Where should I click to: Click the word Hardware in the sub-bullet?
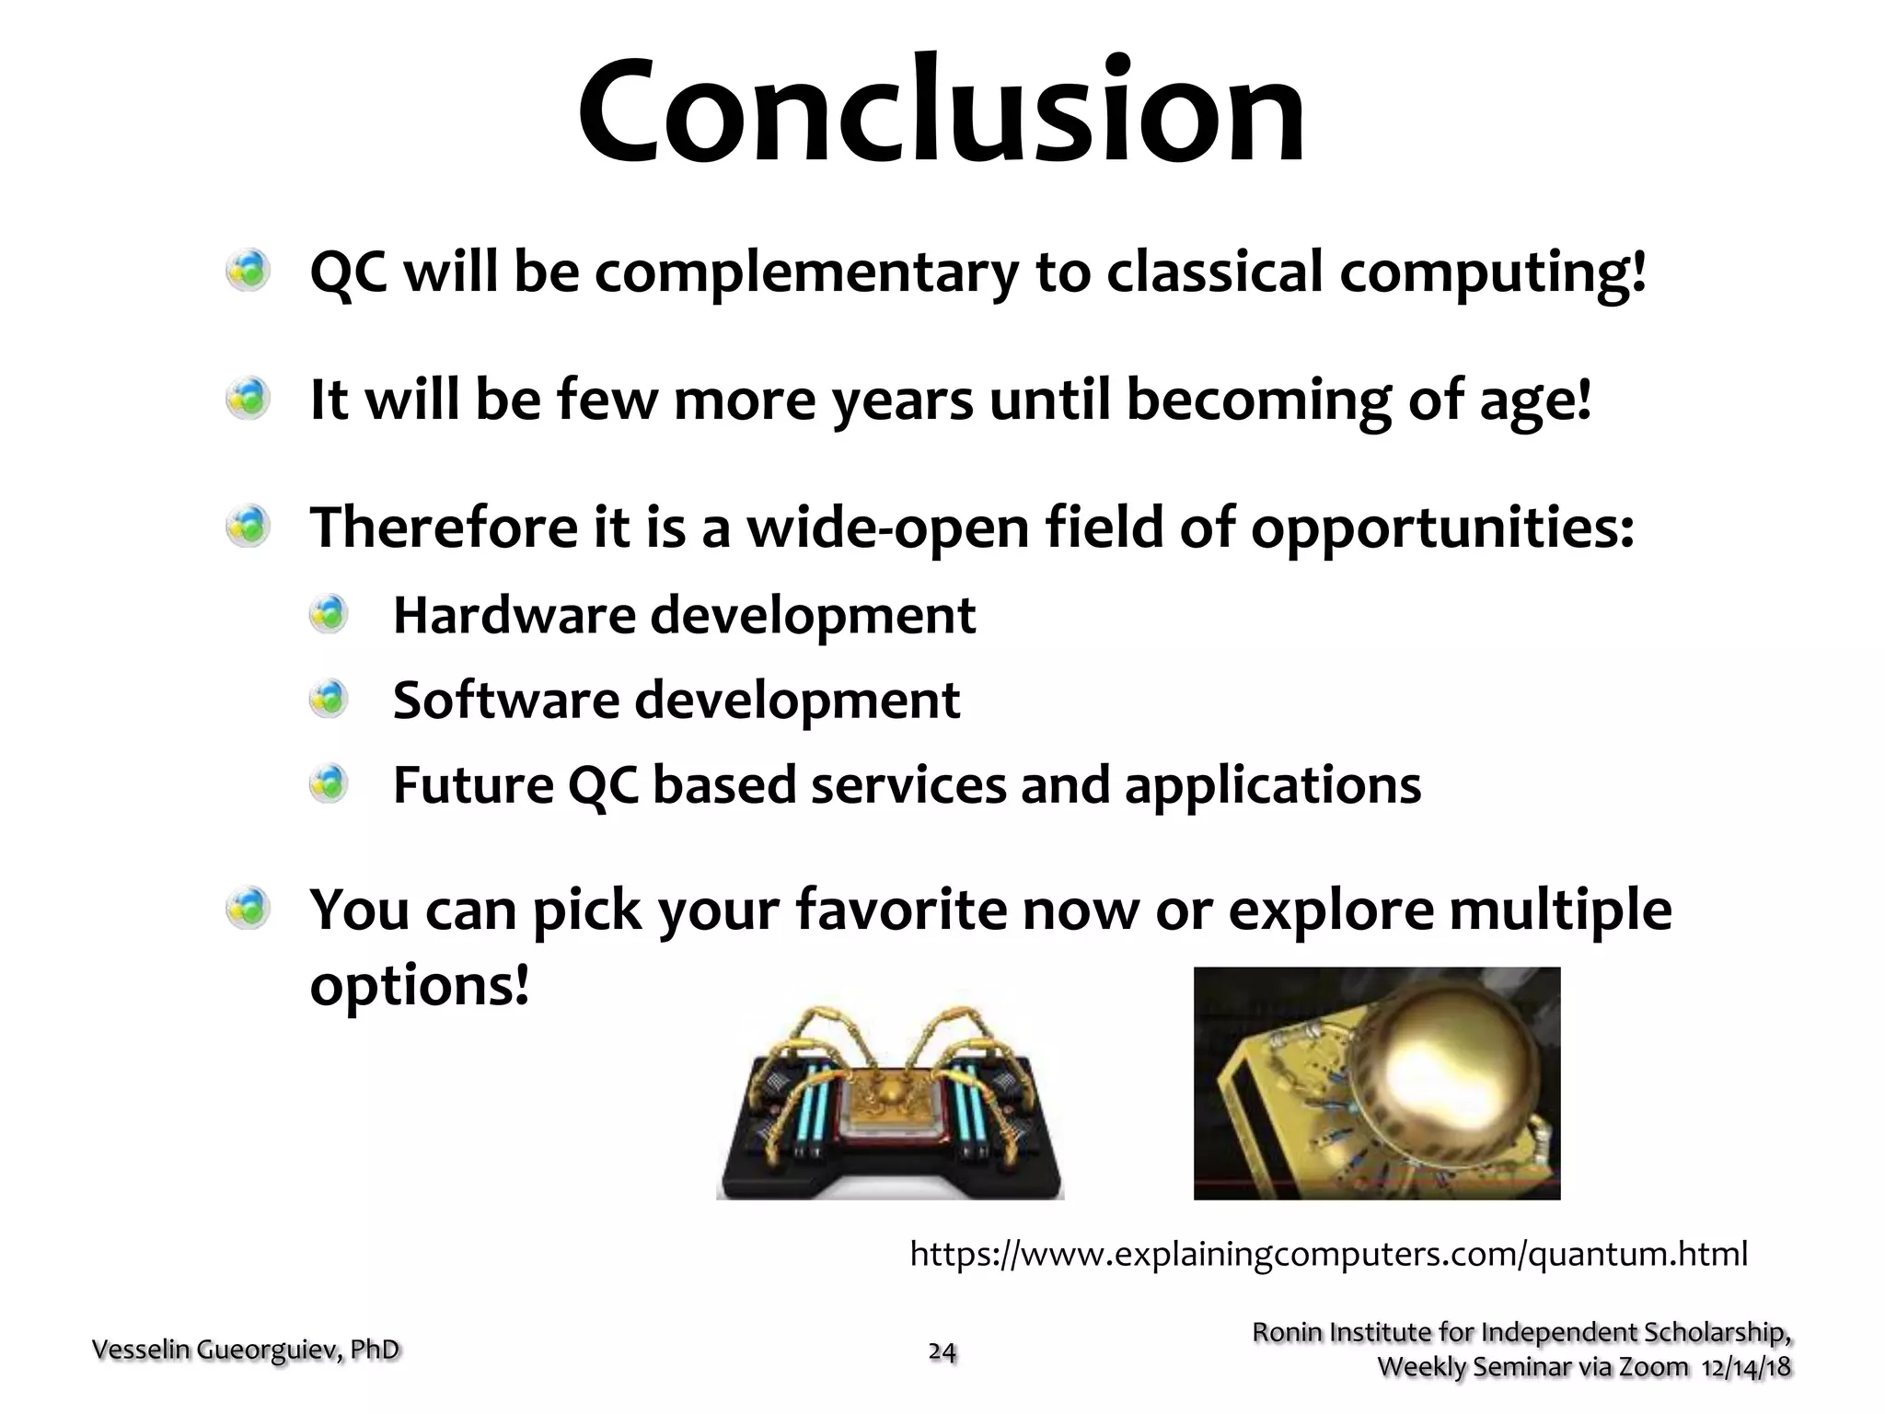[x=514, y=615]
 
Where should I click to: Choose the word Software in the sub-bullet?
[x=505, y=700]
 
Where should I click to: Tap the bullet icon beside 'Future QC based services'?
[x=329, y=784]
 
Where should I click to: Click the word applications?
[x=1272, y=786]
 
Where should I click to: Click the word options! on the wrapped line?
[x=420, y=986]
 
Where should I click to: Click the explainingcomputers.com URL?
[x=1327, y=1254]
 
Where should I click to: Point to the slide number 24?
[x=942, y=1351]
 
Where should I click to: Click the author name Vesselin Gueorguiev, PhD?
[x=246, y=1350]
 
